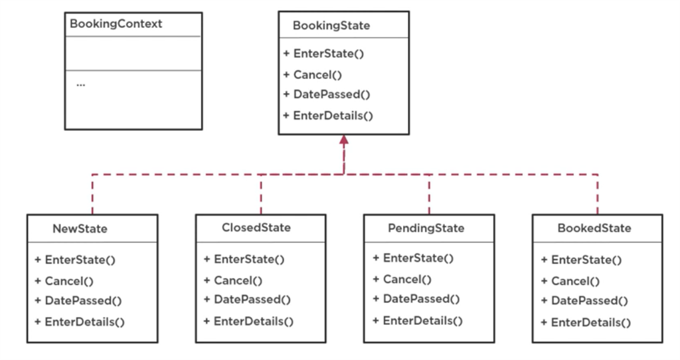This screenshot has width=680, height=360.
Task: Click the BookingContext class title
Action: [116, 25]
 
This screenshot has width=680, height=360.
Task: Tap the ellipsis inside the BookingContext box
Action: [80, 84]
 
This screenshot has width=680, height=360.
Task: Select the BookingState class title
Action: [331, 26]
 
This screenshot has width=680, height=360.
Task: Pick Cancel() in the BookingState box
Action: [312, 75]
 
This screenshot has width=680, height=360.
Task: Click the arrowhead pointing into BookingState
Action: [343, 140]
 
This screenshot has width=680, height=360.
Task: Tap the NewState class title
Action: [80, 229]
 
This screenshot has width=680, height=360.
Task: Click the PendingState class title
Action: [426, 228]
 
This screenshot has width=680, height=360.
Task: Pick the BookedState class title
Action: [594, 228]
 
